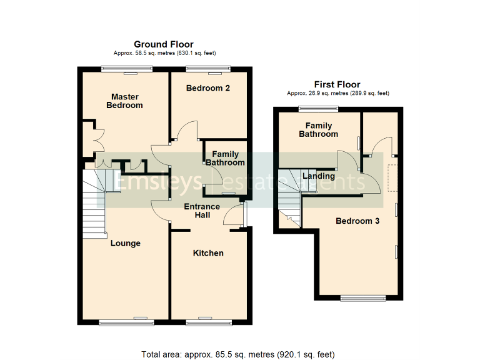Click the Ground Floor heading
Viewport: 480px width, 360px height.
coord(163,44)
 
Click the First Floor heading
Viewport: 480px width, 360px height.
coord(337,84)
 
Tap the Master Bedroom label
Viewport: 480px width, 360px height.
coord(124,101)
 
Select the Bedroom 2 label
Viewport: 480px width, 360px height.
coord(208,88)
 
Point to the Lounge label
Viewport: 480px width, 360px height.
coord(125,243)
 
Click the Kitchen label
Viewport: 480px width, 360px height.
coord(208,253)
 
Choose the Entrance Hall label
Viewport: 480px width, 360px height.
coord(201,211)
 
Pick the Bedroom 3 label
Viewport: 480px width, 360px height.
coord(357,221)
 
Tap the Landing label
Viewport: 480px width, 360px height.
coord(319,176)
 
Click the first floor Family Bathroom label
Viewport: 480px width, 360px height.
coord(318,129)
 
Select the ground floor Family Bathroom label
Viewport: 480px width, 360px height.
coord(225,158)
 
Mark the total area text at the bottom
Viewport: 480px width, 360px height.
coord(238,354)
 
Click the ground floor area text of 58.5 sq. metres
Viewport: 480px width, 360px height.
coord(163,54)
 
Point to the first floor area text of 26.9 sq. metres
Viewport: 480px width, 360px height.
coord(337,93)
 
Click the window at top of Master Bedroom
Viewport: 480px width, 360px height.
coord(122,69)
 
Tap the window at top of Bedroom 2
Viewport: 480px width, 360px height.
coord(208,69)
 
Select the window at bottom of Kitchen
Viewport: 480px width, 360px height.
coord(209,322)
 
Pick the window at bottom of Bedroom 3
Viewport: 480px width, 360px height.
coord(363,297)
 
